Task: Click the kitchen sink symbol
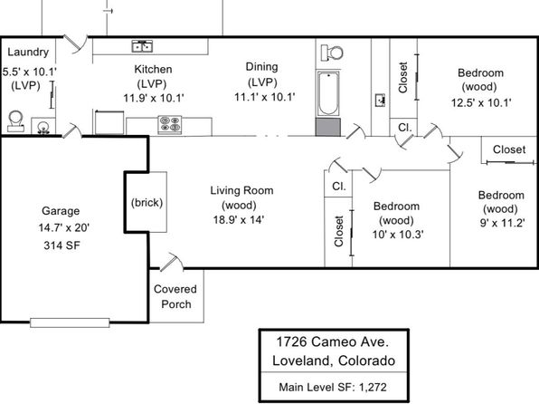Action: point(142,46)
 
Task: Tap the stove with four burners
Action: point(170,124)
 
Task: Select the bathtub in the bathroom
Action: point(328,93)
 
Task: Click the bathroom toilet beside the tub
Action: point(332,53)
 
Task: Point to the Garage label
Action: point(61,210)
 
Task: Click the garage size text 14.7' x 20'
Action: point(64,227)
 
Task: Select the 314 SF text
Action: point(61,245)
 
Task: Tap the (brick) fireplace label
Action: point(147,202)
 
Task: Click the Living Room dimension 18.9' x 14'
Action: point(238,219)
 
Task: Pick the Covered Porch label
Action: point(175,296)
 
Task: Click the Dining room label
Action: point(261,66)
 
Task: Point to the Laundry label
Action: point(28,52)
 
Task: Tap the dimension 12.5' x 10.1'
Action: point(481,102)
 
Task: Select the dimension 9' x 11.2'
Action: point(502,223)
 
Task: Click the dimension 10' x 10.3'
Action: point(398,235)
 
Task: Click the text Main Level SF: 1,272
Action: point(333,387)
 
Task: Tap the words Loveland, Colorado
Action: point(334,361)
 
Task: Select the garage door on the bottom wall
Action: point(70,322)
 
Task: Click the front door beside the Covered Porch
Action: point(172,262)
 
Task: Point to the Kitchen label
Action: point(153,69)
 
